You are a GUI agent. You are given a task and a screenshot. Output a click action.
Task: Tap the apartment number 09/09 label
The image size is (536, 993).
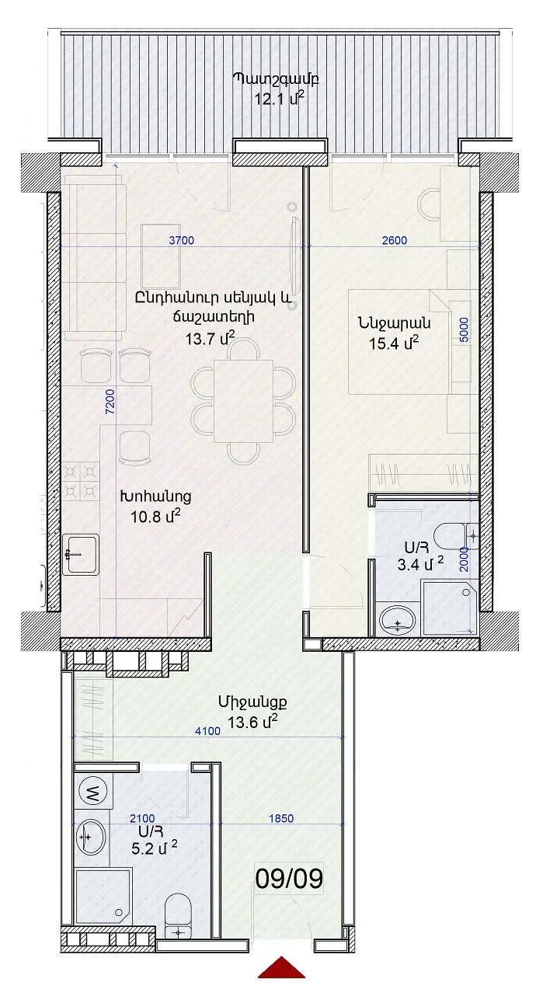(289, 879)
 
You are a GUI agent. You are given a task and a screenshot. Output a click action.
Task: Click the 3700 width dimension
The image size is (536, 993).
(182, 240)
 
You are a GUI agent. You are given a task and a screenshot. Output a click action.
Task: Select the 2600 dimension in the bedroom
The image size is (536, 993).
(394, 240)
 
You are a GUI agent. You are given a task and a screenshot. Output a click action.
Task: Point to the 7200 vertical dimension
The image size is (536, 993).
(110, 402)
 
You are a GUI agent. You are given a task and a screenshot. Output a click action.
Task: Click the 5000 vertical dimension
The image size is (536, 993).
(463, 329)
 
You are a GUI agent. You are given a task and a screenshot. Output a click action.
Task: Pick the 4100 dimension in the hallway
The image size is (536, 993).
(208, 731)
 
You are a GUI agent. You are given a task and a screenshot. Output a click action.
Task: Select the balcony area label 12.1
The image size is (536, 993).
(280, 98)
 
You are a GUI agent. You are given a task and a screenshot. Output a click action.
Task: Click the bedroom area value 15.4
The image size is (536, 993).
(394, 343)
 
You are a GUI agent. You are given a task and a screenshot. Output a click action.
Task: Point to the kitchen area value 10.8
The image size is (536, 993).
(155, 516)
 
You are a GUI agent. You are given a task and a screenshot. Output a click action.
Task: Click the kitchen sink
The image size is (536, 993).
(81, 555)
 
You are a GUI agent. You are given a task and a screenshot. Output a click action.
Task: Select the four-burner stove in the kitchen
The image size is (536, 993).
(80, 482)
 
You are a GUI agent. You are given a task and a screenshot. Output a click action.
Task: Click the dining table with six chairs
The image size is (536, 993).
(243, 401)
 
